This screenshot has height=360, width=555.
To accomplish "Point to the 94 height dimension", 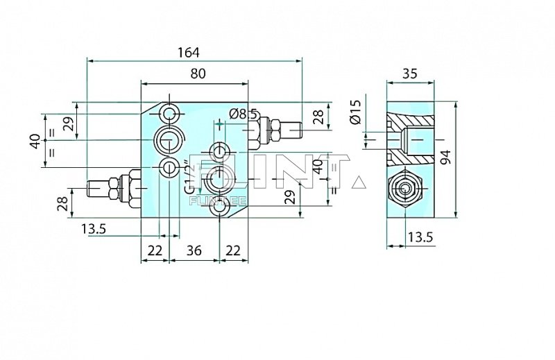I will point(465,159).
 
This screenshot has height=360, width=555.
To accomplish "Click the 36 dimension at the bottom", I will point(195,250).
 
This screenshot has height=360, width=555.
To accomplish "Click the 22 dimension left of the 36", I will point(155,250).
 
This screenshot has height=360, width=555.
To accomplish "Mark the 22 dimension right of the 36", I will point(234,250).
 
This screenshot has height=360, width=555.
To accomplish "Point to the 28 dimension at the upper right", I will point(318,116).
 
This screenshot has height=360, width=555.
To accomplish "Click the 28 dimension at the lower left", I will point(62,204).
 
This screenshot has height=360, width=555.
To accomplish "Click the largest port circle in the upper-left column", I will point(169,141).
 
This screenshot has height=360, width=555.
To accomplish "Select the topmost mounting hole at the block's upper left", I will point(169,113).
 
